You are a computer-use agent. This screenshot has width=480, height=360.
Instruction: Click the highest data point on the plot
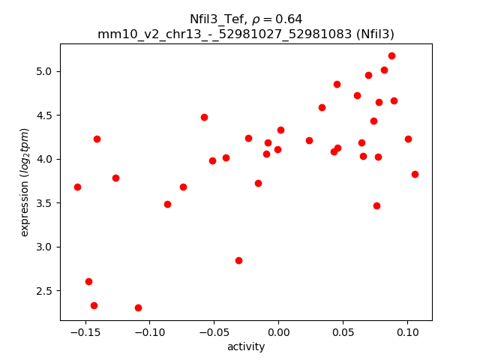tap(391, 55)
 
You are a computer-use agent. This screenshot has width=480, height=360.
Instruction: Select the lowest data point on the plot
tap(138, 307)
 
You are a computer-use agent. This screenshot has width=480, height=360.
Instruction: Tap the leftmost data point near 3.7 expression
tap(77, 187)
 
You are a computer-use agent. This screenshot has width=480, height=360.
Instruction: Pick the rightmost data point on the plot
tap(415, 174)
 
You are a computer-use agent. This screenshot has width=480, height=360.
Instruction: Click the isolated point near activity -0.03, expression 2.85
tap(238, 260)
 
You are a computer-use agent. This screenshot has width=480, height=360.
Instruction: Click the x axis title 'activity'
tap(246, 346)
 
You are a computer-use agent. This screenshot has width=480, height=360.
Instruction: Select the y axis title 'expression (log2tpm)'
tap(25, 181)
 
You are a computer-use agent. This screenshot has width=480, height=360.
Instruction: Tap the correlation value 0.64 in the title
tap(289, 19)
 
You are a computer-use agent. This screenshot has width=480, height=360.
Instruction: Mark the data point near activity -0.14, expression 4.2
tap(97, 139)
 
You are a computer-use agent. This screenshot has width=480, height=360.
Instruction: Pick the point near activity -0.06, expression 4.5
tap(204, 117)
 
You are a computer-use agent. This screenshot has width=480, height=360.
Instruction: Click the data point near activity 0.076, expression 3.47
tap(376, 205)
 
